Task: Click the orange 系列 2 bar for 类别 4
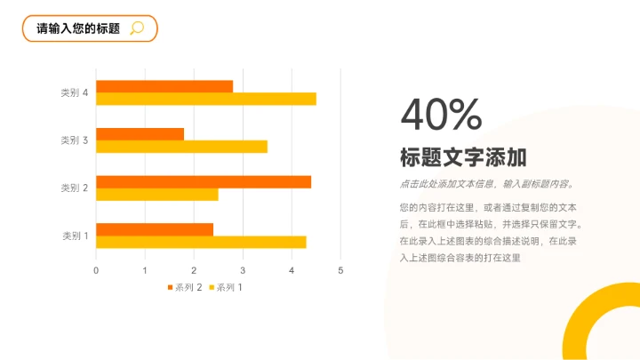[x=164, y=86]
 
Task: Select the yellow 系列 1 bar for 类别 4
[x=206, y=99]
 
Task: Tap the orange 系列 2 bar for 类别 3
[x=140, y=134]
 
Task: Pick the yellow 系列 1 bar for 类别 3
[x=181, y=147]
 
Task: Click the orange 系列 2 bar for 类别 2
[x=204, y=181]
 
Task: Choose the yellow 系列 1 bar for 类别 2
[x=156, y=194]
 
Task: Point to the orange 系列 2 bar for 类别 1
[x=155, y=229]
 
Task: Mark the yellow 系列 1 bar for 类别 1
[x=201, y=242]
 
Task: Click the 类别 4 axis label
[x=74, y=92]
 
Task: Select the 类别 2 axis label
[x=74, y=188]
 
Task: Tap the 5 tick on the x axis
[x=340, y=270]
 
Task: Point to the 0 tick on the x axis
[x=96, y=270]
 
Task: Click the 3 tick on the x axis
[x=243, y=270]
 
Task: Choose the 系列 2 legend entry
[x=185, y=287]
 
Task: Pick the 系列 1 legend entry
[x=226, y=287]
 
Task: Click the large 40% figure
[x=441, y=115]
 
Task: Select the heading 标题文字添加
[x=463, y=158]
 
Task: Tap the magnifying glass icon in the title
[x=137, y=28]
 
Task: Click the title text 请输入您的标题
[x=77, y=28]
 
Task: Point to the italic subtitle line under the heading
[x=487, y=185]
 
